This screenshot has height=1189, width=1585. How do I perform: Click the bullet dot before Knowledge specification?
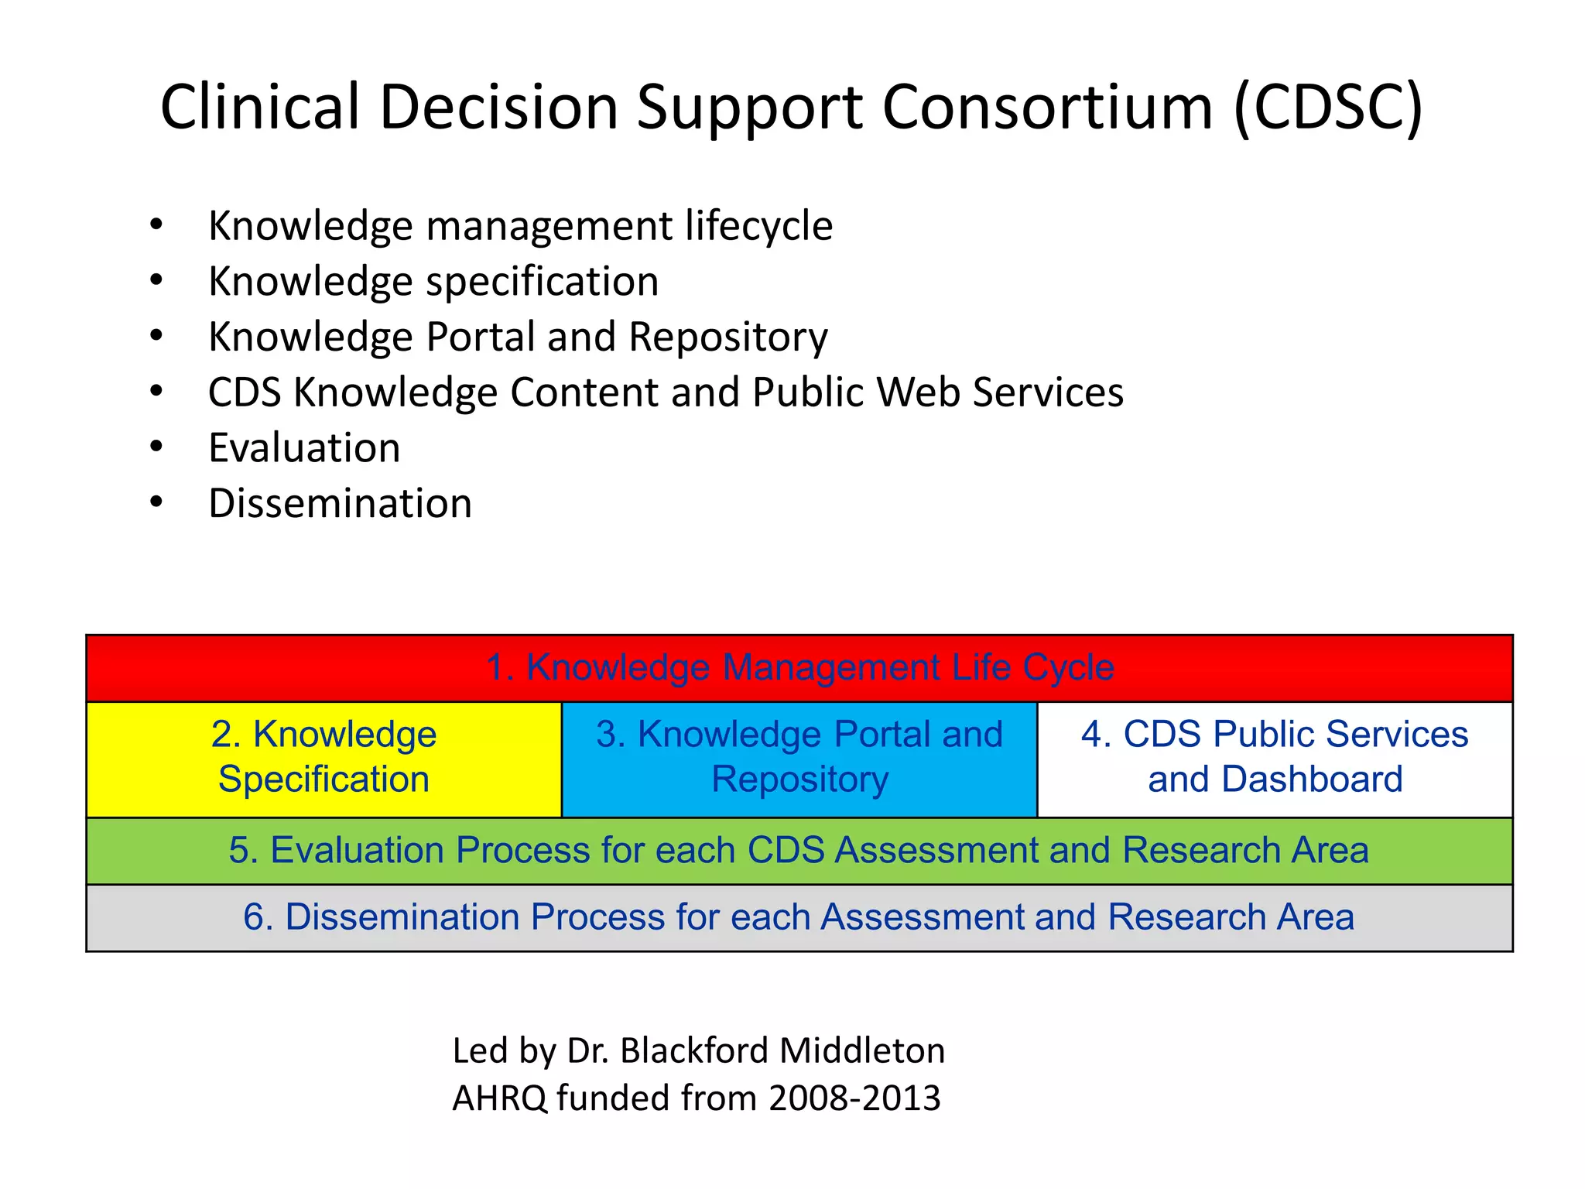click(x=156, y=280)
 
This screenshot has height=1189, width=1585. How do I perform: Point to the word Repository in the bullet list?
click(x=728, y=338)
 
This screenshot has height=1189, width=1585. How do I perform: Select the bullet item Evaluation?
click(x=304, y=448)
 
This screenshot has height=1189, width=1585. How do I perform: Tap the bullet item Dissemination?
click(x=340, y=504)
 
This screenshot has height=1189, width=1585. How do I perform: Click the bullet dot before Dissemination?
click(x=156, y=502)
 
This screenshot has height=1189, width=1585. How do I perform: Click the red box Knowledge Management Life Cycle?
click(x=799, y=667)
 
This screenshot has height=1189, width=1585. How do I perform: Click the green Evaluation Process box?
click(x=799, y=850)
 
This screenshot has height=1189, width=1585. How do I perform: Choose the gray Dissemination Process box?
click(x=799, y=917)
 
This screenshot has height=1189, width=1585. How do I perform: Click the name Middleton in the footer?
click(x=861, y=1051)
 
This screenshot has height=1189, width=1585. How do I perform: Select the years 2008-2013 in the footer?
click(x=854, y=1098)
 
